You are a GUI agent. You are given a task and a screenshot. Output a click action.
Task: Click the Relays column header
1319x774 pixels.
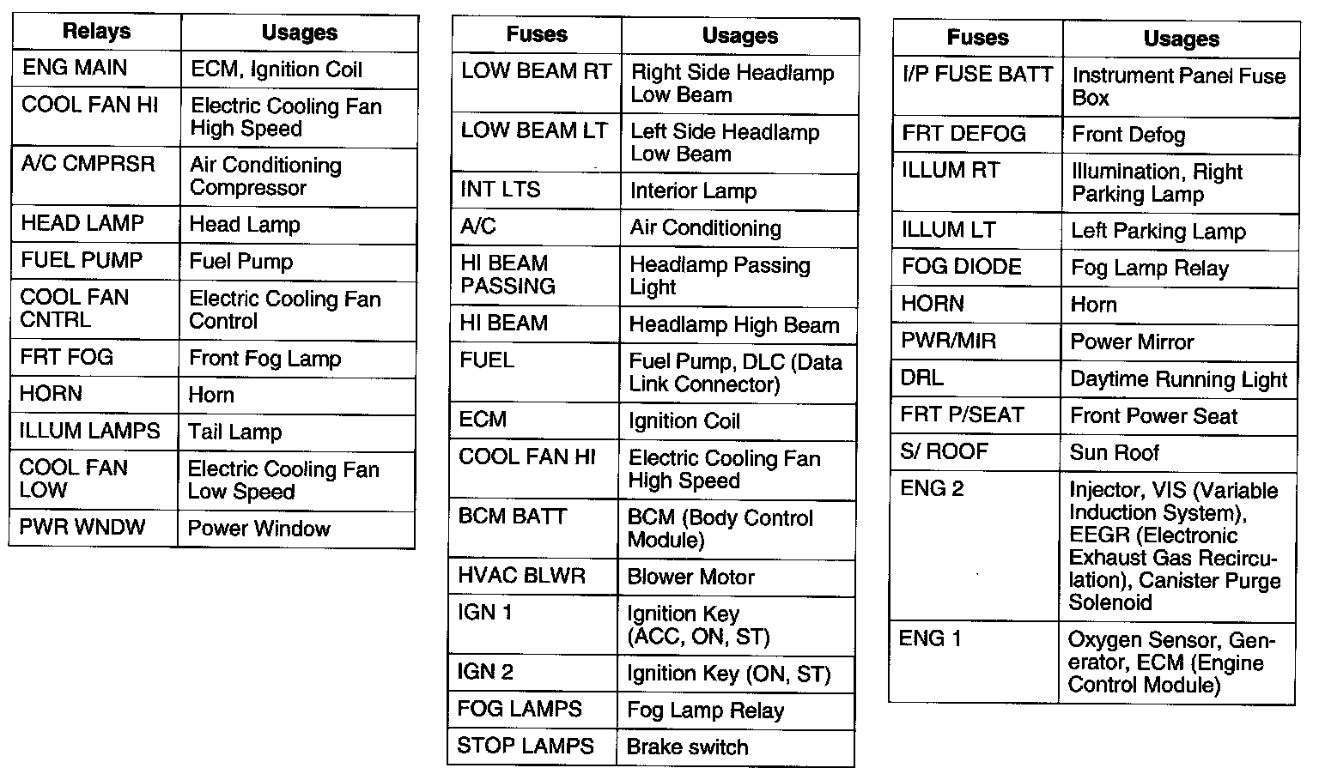click(96, 33)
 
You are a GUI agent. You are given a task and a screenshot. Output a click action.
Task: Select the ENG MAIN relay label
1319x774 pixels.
click(75, 68)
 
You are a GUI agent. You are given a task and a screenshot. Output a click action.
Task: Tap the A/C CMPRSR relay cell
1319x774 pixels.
click(88, 163)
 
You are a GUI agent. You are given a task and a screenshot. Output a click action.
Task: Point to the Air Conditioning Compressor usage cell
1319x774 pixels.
click(265, 176)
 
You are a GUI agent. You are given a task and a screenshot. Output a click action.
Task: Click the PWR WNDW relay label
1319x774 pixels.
click(82, 527)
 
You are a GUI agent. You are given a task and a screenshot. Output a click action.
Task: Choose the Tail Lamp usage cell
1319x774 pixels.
click(235, 432)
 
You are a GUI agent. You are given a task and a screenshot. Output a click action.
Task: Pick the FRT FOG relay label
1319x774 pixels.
click(67, 357)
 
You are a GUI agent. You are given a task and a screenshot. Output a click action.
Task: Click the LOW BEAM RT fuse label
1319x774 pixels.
click(536, 71)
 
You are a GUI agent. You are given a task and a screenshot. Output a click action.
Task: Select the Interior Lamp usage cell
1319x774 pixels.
click(693, 190)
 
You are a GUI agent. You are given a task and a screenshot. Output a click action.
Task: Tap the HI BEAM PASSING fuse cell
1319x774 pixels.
click(508, 275)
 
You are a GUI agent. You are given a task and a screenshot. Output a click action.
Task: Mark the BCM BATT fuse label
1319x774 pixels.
click(512, 517)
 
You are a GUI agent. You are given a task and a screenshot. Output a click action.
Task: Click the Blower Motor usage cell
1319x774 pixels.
click(690, 577)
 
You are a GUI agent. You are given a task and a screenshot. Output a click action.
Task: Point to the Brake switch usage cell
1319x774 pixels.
click(687, 747)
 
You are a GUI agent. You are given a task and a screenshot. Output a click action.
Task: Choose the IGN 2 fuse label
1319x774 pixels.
click(485, 672)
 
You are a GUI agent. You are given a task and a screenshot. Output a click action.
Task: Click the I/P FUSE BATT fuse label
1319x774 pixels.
click(977, 75)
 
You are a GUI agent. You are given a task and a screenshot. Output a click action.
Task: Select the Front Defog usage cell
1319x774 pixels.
click(1128, 135)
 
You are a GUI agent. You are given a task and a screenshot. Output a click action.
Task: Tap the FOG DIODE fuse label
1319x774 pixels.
click(961, 267)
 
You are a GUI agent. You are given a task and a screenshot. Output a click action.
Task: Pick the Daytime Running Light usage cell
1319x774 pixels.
click(1178, 379)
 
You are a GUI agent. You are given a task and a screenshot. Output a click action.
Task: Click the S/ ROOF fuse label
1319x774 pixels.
click(944, 451)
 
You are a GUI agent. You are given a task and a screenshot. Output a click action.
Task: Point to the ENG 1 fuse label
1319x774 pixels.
click(930, 638)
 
